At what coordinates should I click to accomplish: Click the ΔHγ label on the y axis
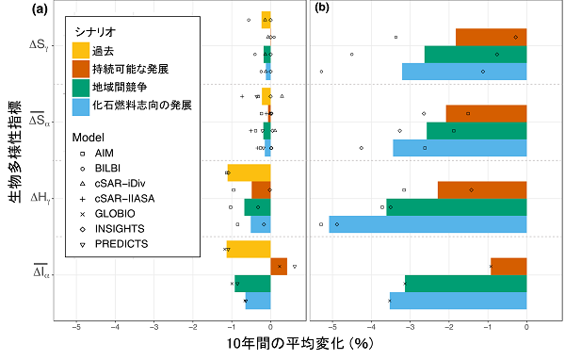point(42,198)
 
